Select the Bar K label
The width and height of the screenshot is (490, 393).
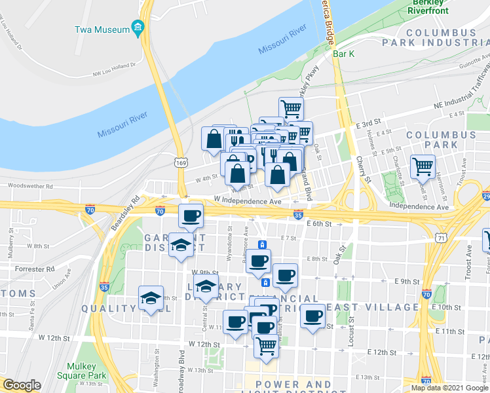point(343,54)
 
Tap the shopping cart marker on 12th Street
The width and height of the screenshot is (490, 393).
point(266,345)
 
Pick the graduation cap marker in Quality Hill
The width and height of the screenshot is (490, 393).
point(151,298)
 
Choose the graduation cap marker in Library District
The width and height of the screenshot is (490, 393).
point(206,286)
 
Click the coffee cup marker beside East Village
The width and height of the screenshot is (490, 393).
point(312,317)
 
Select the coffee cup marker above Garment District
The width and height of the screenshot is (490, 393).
point(191,215)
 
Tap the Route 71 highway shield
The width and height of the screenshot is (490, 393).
point(442,239)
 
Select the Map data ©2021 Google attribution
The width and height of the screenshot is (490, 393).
point(449,388)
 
